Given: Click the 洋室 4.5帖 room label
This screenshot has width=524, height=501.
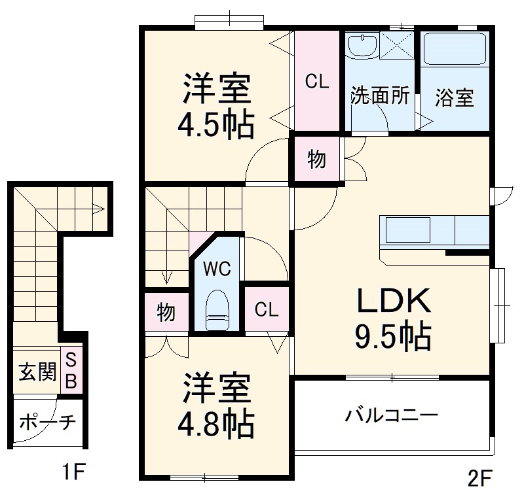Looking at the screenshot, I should tap(215, 106).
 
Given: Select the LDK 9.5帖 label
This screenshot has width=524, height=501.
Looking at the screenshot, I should tap(392, 319).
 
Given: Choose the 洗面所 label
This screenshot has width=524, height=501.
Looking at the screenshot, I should tap(379, 97).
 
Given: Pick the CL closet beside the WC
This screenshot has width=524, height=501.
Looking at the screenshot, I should tap(266, 309).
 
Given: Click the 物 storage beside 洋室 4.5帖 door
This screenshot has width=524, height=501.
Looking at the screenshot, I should tap(316, 159).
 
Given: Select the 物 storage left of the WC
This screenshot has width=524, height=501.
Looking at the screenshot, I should tap(166, 313).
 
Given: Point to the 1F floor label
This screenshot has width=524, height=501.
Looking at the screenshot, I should tap(73, 472).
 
